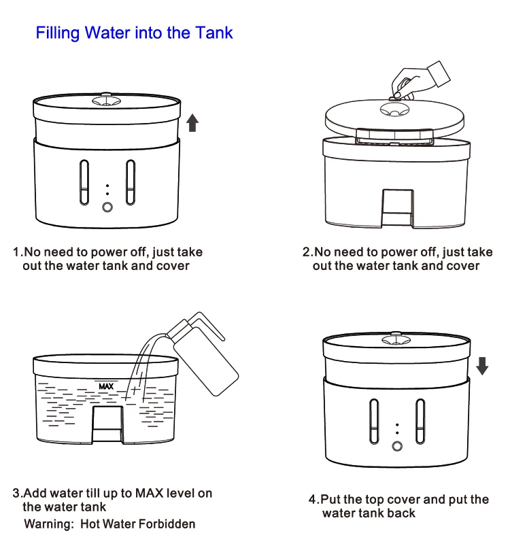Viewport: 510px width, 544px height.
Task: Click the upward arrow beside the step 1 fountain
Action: click(192, 123)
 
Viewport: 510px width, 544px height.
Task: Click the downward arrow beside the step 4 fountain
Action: click(482, 367)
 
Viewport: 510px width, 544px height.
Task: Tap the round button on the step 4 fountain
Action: click(396, 447)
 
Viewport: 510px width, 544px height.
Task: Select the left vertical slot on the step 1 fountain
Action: click(84, 182)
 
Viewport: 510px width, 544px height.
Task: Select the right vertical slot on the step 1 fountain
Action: click(130, 182)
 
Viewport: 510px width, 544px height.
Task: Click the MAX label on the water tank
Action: click(106, 386)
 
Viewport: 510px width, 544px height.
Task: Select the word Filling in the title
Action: click(57, 33)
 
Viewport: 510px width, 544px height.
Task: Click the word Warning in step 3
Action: click(50, 524)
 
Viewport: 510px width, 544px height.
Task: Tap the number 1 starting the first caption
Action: click(16, 252)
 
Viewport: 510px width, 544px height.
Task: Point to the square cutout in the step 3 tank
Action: click(106, 422)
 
